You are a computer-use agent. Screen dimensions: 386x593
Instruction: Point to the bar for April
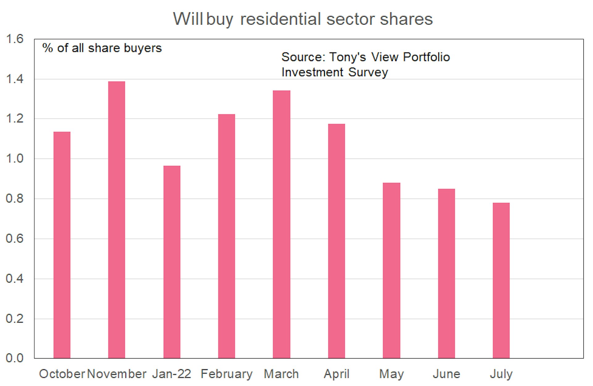coord(336,241)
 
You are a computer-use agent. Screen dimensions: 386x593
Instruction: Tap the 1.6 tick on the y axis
coord(15,39)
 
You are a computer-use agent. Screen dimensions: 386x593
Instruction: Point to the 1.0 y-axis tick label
coord(15,159)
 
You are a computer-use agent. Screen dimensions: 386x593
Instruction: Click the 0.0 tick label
coord(15,358)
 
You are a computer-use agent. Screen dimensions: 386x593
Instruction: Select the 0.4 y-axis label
coord(15,279)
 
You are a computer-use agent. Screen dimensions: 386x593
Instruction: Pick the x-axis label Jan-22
coord(172,374)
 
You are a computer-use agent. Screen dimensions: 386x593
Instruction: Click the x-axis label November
coord(116,374)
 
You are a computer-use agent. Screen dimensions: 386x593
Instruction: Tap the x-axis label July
coord(501,374)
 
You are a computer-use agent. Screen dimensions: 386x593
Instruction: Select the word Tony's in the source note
coord(347,57)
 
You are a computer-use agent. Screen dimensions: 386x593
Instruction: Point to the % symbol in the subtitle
coord(48,48)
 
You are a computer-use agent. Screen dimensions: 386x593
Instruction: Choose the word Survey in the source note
coord(368,72)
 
